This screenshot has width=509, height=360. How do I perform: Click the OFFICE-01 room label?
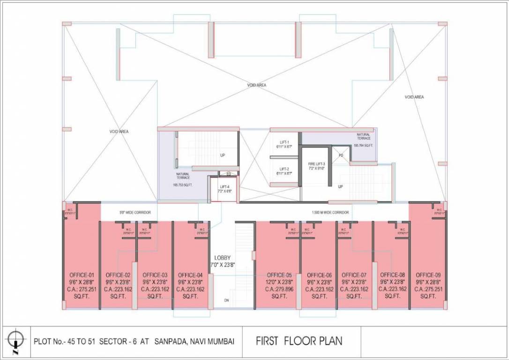82,275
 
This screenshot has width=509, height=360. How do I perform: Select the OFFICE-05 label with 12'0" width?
279,275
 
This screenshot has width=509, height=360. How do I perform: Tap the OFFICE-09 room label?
428,275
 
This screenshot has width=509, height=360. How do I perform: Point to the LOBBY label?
222,258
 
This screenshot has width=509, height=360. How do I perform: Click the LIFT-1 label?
284,142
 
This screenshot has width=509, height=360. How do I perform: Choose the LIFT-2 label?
284,169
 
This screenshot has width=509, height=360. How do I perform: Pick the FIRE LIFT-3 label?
316,164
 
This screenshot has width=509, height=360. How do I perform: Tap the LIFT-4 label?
225,187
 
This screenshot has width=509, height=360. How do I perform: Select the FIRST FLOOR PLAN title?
299,341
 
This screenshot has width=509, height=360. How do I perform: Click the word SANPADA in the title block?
172,341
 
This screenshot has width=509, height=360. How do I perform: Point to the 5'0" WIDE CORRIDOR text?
135,212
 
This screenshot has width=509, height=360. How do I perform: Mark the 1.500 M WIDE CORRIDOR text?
330,212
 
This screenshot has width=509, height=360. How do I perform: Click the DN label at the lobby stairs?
227,300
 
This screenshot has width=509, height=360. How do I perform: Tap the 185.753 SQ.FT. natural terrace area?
183,185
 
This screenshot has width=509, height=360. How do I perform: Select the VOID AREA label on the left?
119,132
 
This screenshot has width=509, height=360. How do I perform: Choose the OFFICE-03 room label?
155,275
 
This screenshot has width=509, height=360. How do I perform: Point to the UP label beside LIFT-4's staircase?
223,155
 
